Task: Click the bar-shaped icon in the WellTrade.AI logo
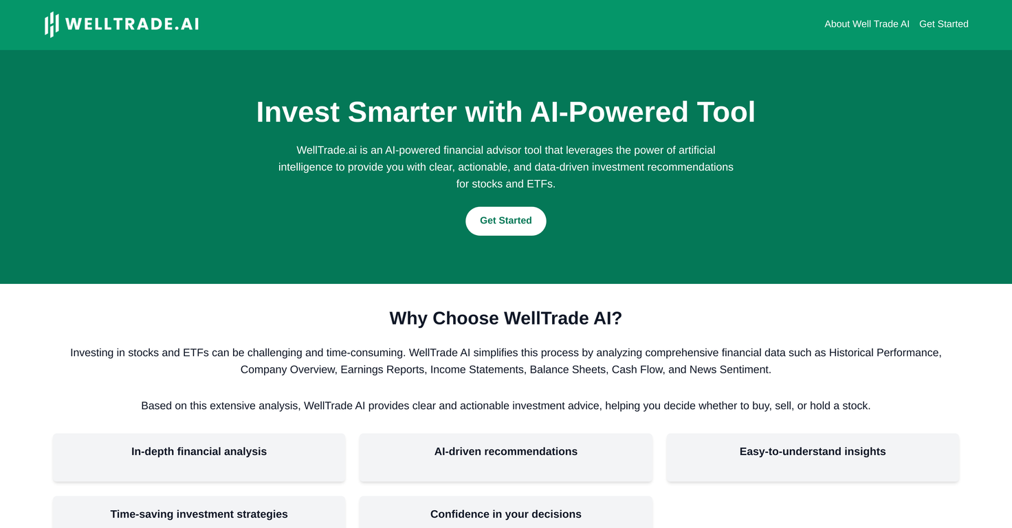tap(52, 24)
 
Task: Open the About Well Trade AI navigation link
tap(866, 24)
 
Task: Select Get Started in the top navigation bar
tap(943, 24)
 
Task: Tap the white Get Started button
tap(505, 221)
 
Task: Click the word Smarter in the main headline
tap(401, 112)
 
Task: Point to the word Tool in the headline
tap(725, 112)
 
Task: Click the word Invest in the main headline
tap(298, 112)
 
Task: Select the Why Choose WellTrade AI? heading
tap(505, 318)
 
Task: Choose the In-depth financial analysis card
tap(199, 456)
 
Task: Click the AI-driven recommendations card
tap(505, 456)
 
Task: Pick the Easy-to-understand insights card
tap(812, 456)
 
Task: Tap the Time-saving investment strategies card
tap(199, 514)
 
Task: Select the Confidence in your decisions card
tap(505, 514)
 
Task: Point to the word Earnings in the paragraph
tap(364, 370)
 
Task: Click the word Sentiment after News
tap(746, 370)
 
